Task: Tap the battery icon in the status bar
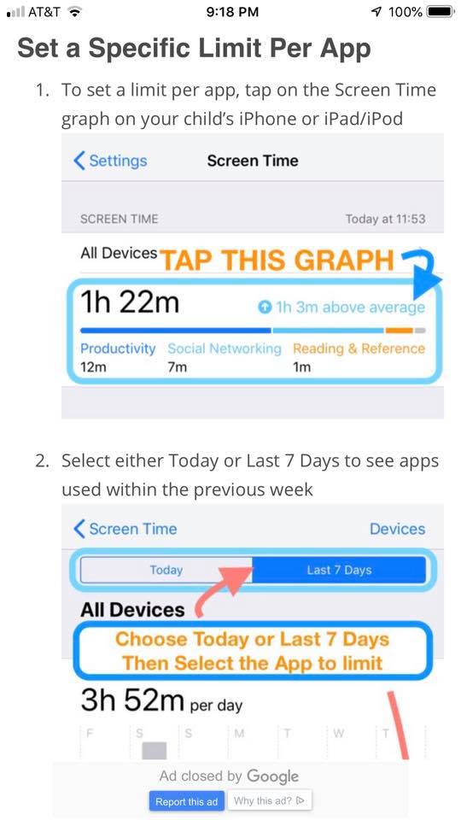coord(441,12)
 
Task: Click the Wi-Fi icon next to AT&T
coord(75,12)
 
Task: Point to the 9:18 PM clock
coord(232,12)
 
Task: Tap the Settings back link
coord(110,161)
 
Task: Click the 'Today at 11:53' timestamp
coord(385,220)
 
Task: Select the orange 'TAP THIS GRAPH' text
coord(277,260)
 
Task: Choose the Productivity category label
coord(118,348)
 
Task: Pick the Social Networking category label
coord(225,348)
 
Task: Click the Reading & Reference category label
coord(359,348)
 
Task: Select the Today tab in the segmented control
coord(166,570)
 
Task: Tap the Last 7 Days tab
coord(339,570)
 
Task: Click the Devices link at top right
coord(397,529)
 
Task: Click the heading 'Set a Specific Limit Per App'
coord(194,48)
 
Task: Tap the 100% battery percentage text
coord(405,12)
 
